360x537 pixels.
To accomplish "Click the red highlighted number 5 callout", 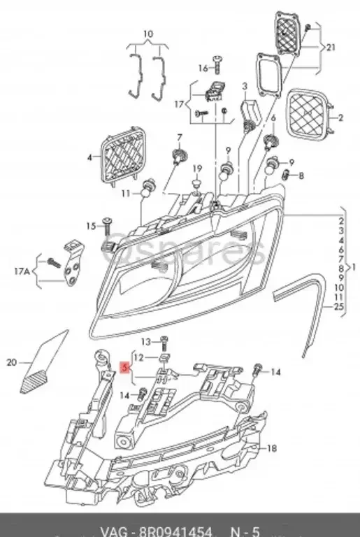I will coord(125,366).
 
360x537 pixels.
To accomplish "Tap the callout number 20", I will coord(10,362).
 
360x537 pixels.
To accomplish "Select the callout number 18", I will coord(273,447).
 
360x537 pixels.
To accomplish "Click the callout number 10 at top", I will coord(147,34).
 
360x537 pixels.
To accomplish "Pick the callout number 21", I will coord(331,47).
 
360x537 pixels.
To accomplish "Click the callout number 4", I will coord(89,158).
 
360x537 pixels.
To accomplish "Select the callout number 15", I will coord(90,226).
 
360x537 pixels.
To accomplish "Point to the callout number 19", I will coord(197,169).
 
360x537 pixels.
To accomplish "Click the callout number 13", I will coord(146,341).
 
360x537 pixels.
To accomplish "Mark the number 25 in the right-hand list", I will coord(339,307).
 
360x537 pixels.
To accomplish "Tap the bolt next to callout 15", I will coord(107,224).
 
